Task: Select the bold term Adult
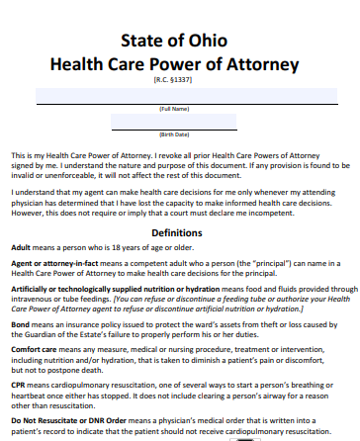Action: pos(21,246)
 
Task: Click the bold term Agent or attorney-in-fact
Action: pos(48,264)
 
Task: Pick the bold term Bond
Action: pos(20,324)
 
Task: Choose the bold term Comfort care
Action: pos(34,349)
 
